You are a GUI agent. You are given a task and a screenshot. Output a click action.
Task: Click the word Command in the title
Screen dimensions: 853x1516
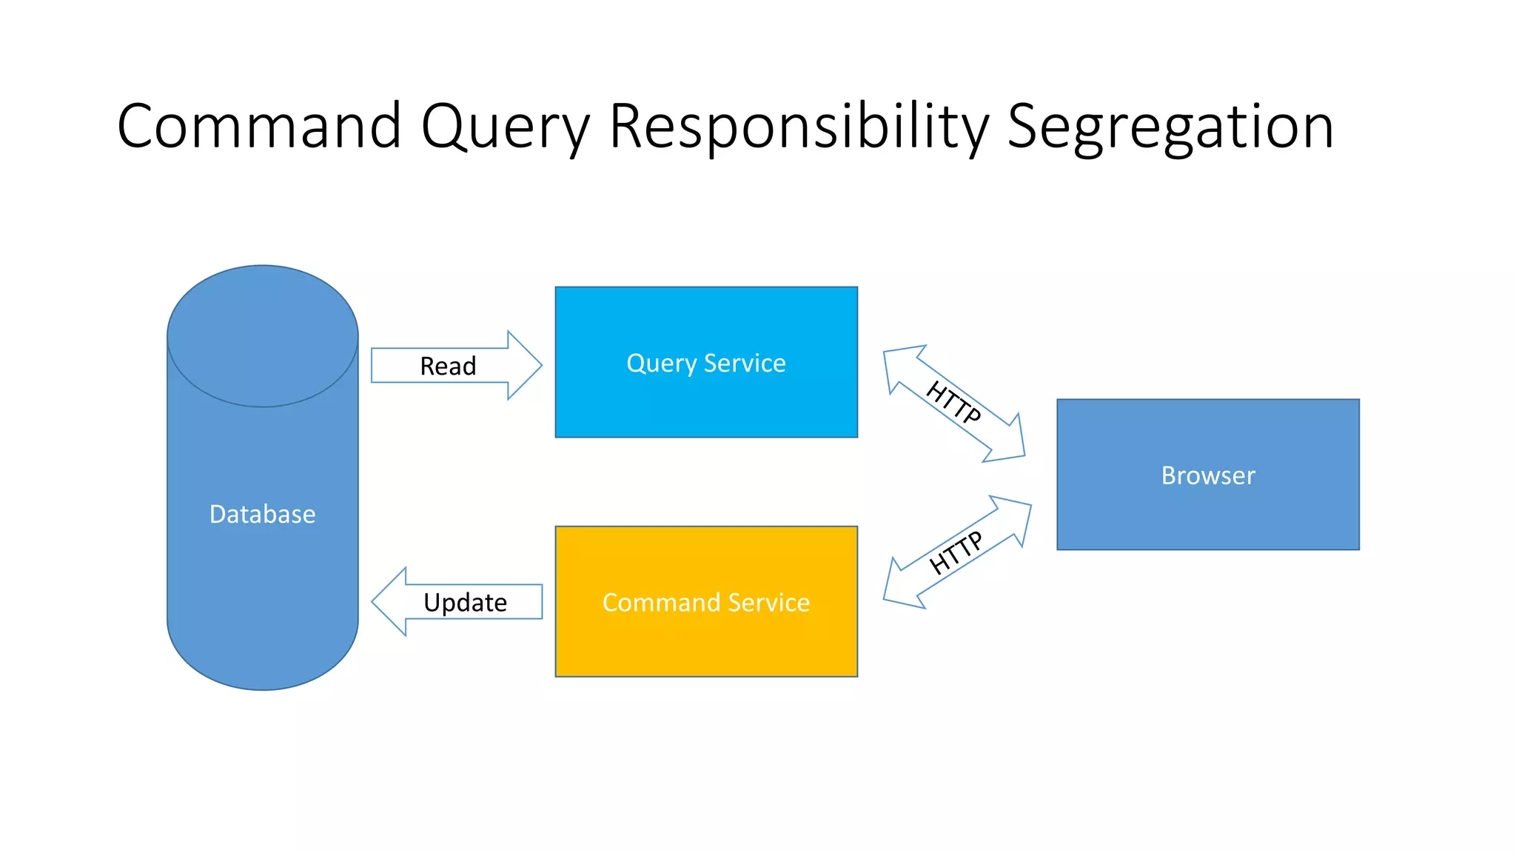[x=259, y=126]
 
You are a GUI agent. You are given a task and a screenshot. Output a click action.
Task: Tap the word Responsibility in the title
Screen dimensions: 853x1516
[x=799, y=127]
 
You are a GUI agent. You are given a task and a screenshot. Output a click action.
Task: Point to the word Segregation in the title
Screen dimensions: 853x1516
[x=1170, y=127]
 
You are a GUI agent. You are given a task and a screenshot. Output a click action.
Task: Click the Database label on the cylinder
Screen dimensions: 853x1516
[x=262, y=514]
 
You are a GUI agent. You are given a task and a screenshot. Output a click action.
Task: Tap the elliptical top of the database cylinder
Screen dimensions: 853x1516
[x=262, y=335]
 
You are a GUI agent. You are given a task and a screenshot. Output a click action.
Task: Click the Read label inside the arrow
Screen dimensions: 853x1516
[x=448, y=366]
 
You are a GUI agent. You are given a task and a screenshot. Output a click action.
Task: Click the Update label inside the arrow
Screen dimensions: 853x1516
[x=465, y=602]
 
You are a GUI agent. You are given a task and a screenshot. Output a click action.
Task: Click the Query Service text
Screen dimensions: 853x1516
[x=705, y=363]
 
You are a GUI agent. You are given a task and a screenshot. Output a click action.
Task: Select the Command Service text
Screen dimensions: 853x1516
[x=705, y=602]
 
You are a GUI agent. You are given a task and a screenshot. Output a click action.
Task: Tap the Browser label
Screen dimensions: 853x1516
[x=1207, y=475]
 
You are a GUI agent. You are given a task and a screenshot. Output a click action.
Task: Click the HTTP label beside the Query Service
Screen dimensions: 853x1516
[x=953, y=402]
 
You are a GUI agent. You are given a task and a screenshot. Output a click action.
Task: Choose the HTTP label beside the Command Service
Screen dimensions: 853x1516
[x=956, y=552]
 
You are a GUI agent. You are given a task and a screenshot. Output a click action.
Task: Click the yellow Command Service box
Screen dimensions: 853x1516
[x=705, y=644]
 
